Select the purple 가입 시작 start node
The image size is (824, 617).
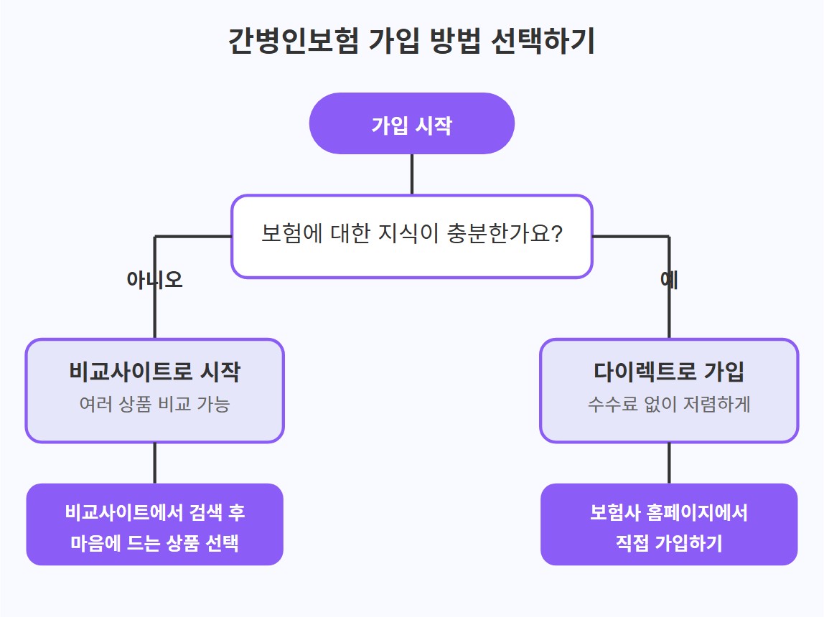pos(411,124)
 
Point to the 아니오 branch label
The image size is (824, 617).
pos(154,280)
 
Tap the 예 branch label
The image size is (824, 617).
pos(669,280)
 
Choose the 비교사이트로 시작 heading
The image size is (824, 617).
pos(154,372)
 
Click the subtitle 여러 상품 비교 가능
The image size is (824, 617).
pos(154,405)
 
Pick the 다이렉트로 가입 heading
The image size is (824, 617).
pos(669,372)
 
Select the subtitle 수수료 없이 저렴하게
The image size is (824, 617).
pos(669,405)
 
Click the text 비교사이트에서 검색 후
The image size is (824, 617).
pos(154,512)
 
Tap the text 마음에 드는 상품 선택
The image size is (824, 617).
pos(154,543)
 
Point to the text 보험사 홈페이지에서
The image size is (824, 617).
pos(669,512)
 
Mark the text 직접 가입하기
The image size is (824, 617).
pos(669,543)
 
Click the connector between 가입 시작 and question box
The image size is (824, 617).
pos(411,174)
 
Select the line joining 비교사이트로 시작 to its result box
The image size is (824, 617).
pos(154,463)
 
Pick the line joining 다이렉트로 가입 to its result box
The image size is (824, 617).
pos(669,463)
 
